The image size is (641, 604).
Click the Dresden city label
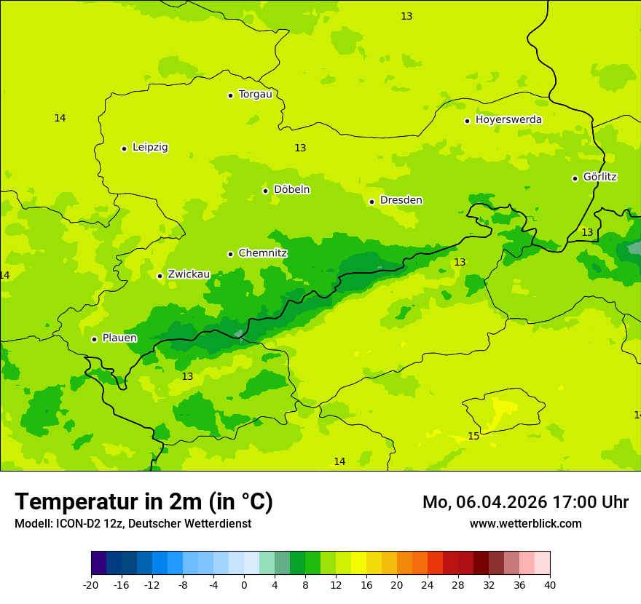(x=401, y=200)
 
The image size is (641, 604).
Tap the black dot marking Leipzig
(x=124, y=148)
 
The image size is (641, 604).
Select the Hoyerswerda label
(x=508, y=119)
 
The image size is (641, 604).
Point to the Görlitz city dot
(x=575, y=178)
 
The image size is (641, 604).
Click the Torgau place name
(x=255, y=94)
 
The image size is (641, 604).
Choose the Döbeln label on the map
(x=291, y=189)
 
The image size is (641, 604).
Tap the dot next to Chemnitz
(x=230, y=254)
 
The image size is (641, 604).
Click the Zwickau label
(x=189, y=274)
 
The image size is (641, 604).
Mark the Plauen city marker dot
(x=94, y=339)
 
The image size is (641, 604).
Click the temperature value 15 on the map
(x=473, y=436)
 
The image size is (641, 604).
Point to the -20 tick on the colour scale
(x=91, y=585)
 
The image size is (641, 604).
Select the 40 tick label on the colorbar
(x=550, y=585)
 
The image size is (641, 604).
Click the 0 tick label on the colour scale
(x=244, y=585)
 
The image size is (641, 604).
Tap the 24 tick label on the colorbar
(x=428, y=585)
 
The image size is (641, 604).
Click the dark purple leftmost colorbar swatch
(x=98, y=563)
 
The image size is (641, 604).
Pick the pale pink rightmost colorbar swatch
(x=543, y=563)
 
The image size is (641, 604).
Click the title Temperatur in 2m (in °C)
(x=143, y=501)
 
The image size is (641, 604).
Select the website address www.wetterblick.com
(x=525, y=523)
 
